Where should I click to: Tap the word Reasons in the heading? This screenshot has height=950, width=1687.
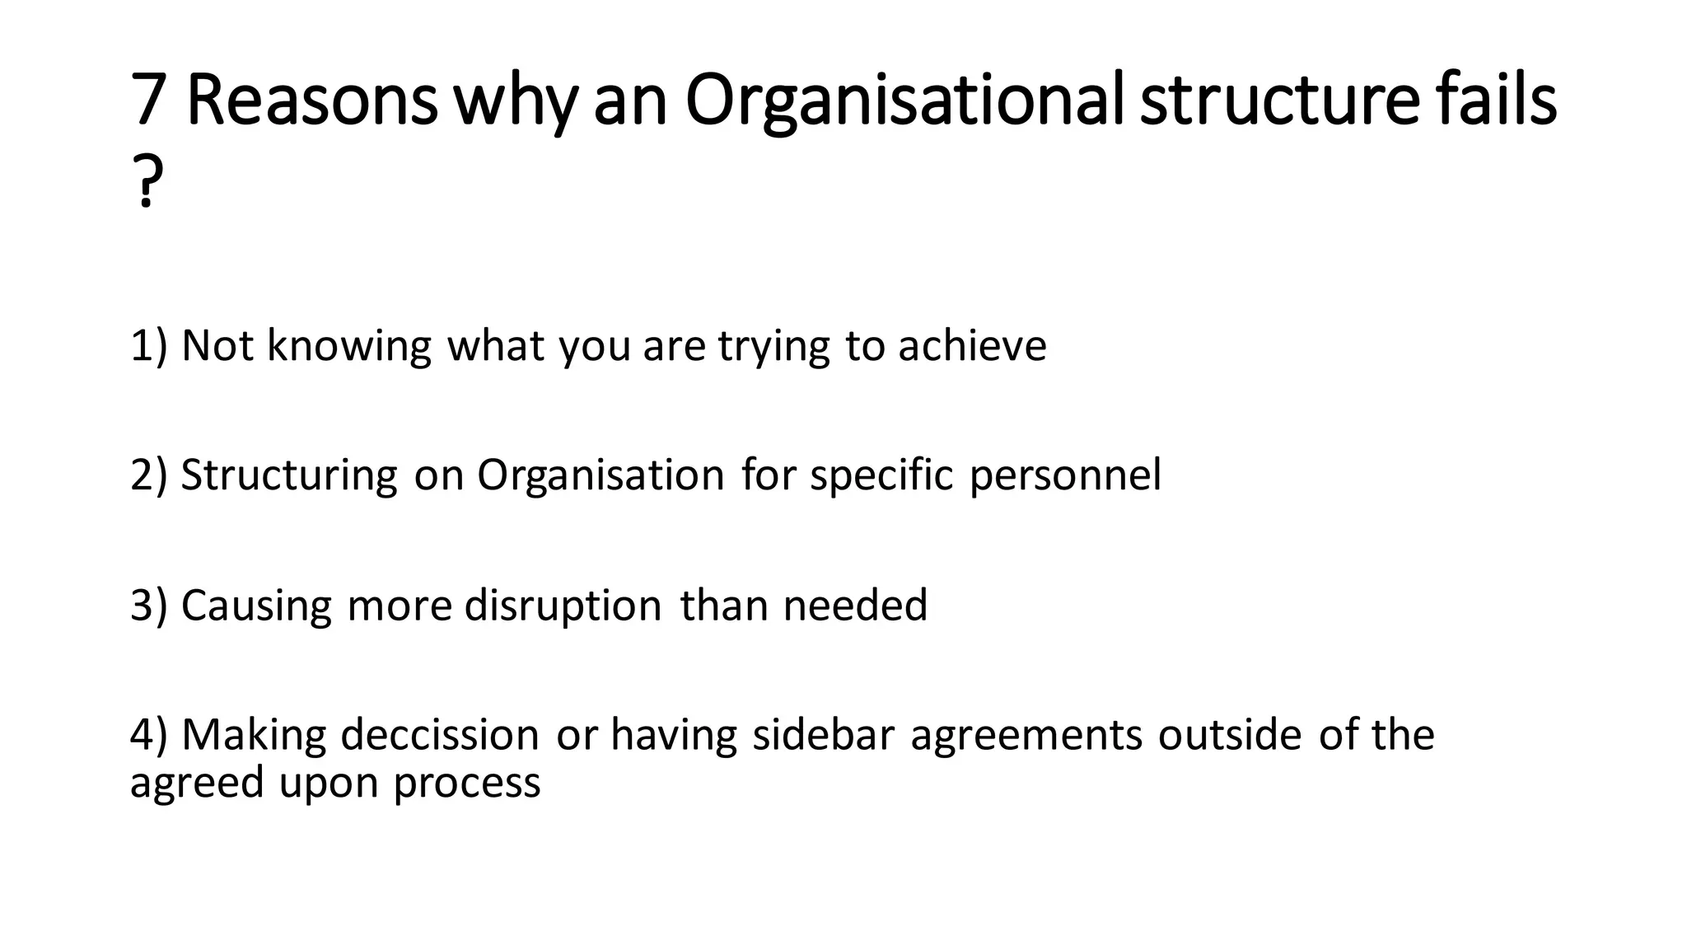coord(311,100)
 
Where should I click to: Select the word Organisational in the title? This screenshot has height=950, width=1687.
coord(904,101)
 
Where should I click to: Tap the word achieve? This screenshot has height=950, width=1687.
coord(972,345)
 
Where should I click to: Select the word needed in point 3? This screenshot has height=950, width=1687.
coord(855,606)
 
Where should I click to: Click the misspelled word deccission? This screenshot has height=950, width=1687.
coord(439,735)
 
